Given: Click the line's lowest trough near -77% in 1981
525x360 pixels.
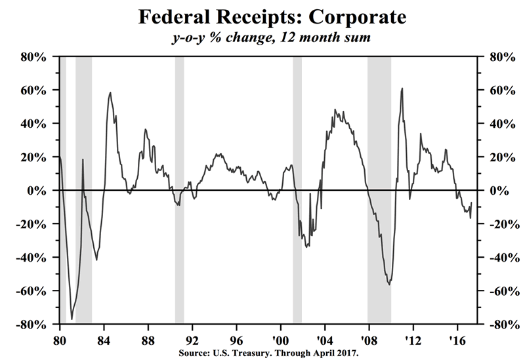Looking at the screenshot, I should tap(72, 319).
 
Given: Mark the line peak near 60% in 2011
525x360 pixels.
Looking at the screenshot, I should tap(402, 89).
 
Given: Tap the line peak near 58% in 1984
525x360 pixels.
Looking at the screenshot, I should tap(110, 92).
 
